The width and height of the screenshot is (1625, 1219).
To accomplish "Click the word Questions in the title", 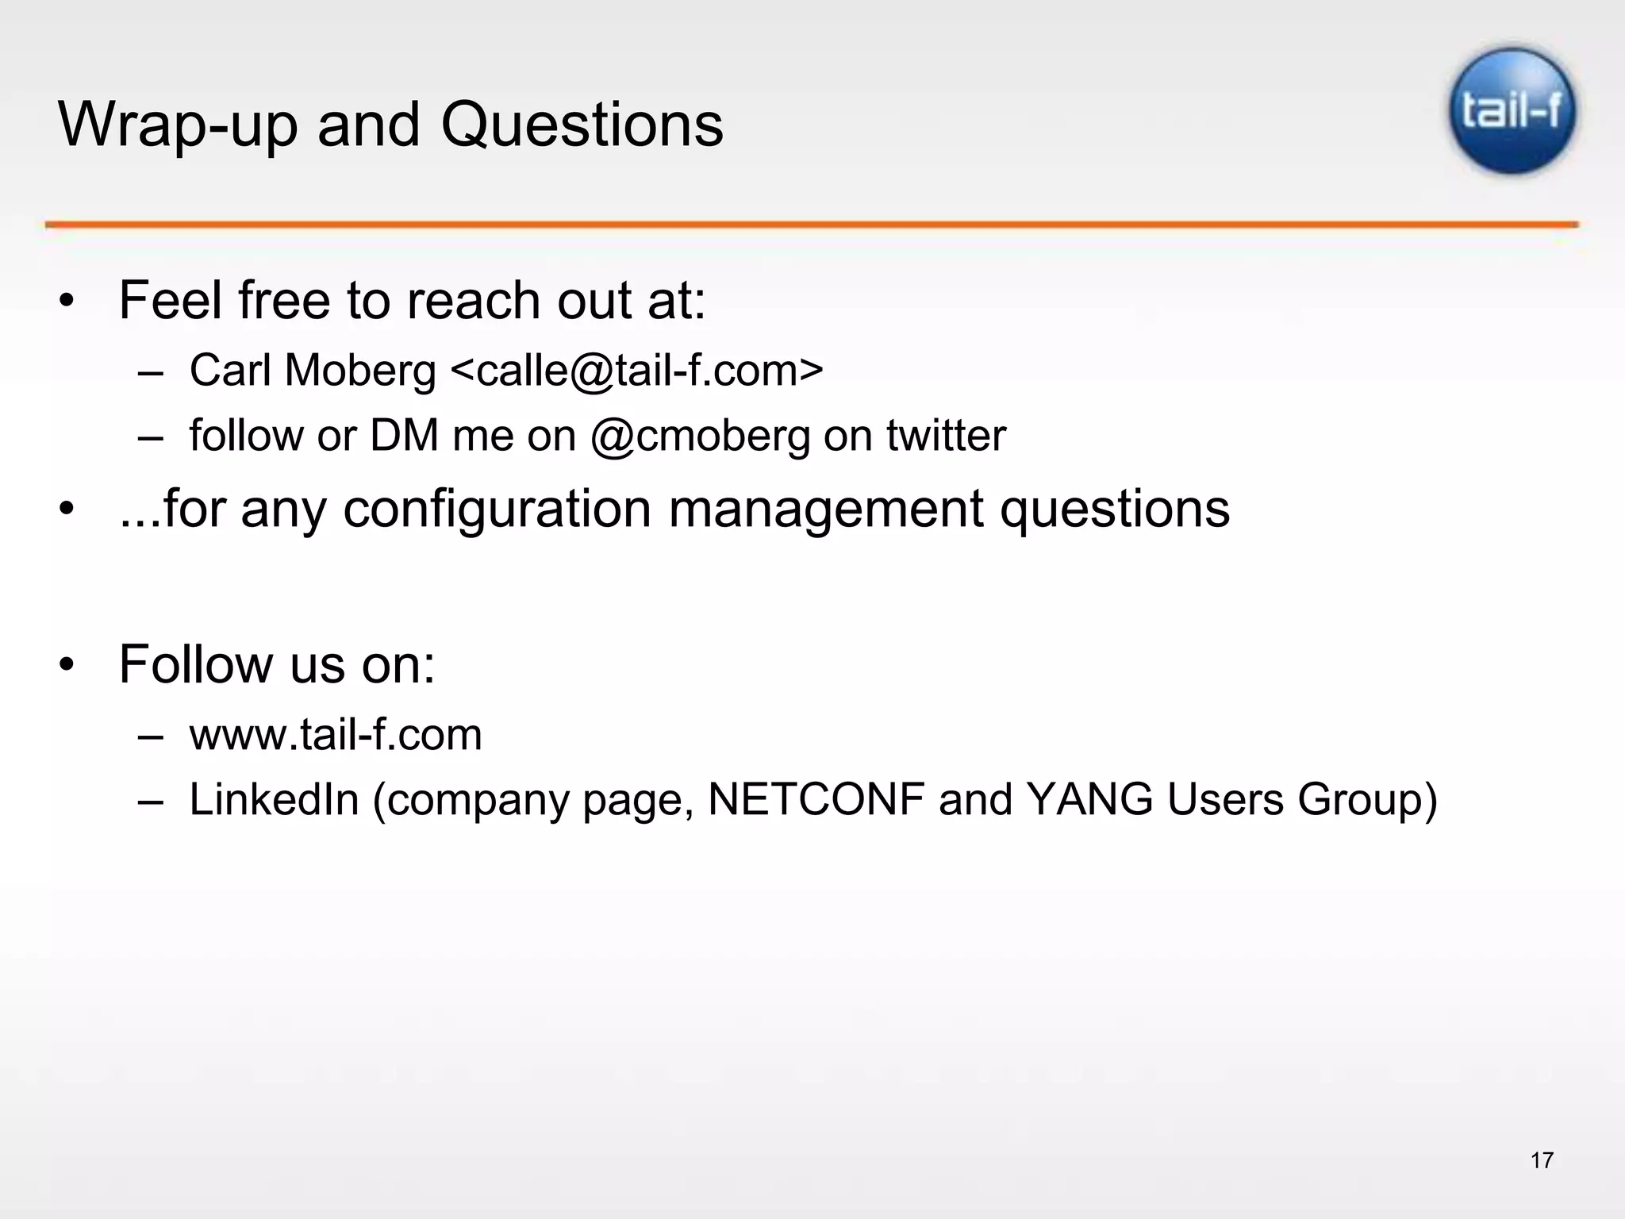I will point(582,125).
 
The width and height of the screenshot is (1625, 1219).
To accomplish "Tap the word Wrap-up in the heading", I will point(178,126).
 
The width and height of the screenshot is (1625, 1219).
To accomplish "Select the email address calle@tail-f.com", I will point(636,371).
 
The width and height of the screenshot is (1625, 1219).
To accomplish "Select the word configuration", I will point(497,509).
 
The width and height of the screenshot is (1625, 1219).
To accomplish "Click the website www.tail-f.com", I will point(335,734).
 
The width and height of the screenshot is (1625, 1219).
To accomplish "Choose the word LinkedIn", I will point(274,798).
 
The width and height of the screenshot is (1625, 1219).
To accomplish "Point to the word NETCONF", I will point(816,798).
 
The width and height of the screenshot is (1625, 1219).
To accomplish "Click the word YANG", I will point(1089,798).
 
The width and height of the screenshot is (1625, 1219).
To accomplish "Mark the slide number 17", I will point(1541,1160).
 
